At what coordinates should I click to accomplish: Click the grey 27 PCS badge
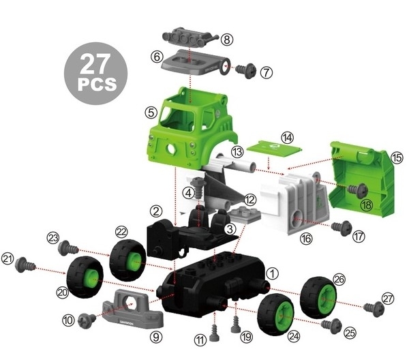click(95, 74)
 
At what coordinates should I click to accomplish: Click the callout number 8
click(227, 40)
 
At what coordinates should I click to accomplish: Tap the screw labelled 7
click(245, 70)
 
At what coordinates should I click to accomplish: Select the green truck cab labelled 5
click(191, 128)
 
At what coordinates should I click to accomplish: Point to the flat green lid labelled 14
click(275, 149)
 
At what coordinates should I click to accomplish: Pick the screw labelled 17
click(342, 228)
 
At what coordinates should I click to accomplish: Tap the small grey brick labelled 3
click(245, 215)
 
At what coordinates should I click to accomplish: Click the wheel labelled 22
click(127, 260)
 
